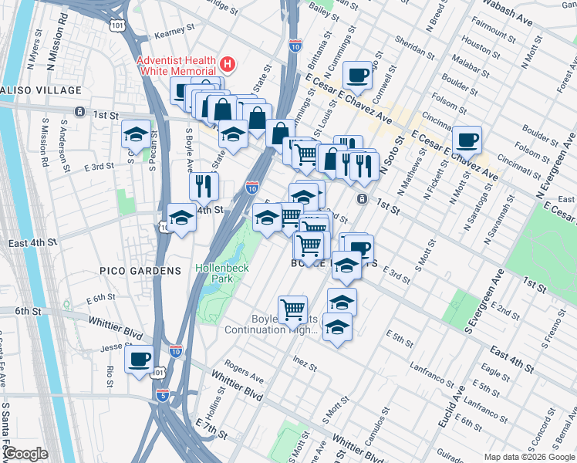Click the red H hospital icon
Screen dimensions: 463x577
coord(228,62)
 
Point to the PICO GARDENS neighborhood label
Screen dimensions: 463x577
coord(140,271)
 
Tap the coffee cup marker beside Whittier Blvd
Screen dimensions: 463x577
coord(139,360)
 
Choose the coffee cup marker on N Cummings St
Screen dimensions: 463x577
coord(358,76)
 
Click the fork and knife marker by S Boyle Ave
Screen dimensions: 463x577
coord(204,185)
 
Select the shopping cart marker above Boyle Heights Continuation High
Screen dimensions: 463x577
coord(292,310)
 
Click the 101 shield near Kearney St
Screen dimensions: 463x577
coord(116,25)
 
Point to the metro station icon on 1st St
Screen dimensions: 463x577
coord(362,199)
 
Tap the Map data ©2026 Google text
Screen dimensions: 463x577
coord(529,457)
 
